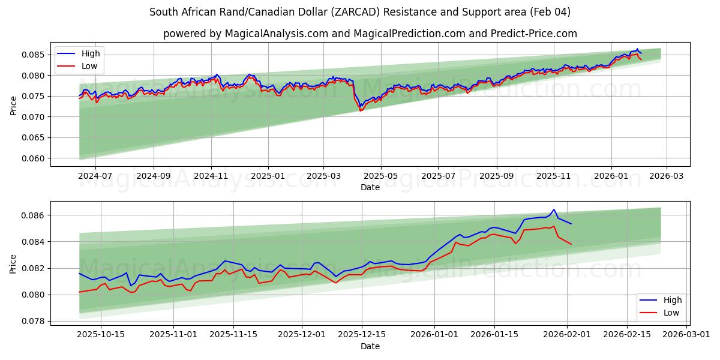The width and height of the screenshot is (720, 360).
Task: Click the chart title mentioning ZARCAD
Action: coord(360,12)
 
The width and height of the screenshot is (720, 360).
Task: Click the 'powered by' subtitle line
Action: coord(370,34)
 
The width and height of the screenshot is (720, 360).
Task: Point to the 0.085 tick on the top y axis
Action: coord(34,55)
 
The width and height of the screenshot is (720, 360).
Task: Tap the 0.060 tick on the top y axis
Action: coord(34,158)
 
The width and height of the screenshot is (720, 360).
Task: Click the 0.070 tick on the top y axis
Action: coord(34,117)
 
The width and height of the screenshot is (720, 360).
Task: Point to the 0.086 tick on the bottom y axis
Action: coord(34,215)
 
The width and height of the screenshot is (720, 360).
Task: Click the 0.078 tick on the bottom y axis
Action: coord(34,321)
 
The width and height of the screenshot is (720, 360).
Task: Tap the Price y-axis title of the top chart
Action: coord(13,104)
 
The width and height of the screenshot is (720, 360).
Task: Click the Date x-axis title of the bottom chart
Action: coord(370,346)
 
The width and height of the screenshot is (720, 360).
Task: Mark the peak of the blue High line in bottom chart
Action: coord(554,209)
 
